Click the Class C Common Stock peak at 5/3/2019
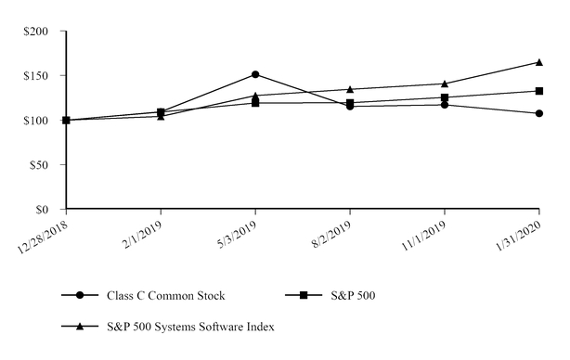tap(255, 74)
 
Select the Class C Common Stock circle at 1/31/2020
tap(539, 113)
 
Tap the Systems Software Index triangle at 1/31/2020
tap(539, 62)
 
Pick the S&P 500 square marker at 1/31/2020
tap(539, 91)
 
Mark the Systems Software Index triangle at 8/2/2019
tap(350, 89)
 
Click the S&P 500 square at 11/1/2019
tap(445, 97)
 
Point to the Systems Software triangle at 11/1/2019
tap(445, 84)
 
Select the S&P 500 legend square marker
tap(304, 296)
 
